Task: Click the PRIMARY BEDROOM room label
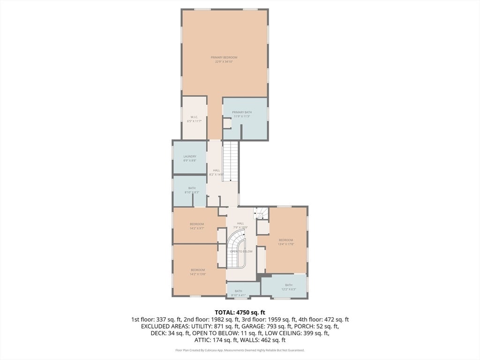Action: point(224,59)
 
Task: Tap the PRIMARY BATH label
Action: point(242,114)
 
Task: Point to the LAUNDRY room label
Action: point(190,158)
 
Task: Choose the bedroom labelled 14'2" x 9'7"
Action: point(197,226)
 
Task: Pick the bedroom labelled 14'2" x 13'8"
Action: point(198,272)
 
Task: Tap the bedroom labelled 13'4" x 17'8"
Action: point(285,242)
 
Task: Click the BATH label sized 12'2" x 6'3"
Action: point(288,287)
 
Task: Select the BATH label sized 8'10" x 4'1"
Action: point(239,293)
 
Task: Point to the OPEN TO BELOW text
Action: point(241,252)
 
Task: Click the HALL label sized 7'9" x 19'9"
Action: point(240,225)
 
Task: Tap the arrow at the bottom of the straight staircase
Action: point(230,180)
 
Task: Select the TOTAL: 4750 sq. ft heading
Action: point(240,312)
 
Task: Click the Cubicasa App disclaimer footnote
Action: point(240,350)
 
